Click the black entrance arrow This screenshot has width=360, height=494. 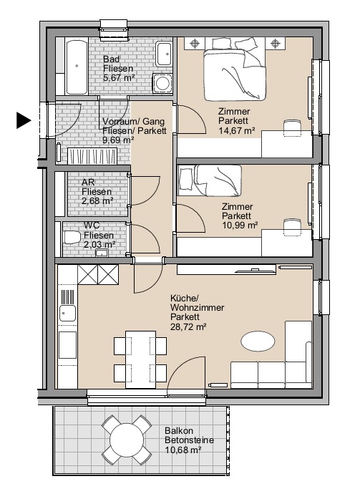[x=24, y=120]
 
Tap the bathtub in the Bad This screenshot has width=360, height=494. [x=77, y=66]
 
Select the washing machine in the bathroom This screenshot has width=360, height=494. [x=162, y=83]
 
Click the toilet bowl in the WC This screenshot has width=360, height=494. [x=72, y=237]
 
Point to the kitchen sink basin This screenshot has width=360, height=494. [x=67, y=314]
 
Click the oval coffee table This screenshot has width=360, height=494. [x=258, y=341]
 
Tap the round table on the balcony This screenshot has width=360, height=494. [x=127, y=440]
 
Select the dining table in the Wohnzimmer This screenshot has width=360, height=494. [x=140, y=359]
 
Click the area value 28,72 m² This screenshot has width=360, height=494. [x=188, y=326]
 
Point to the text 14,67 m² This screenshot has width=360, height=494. [x=237, y=130]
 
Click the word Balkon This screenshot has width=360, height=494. [x=179, y=431]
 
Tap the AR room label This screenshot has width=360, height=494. [x=88, y=182]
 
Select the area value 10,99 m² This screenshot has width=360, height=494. [x=240, y=226]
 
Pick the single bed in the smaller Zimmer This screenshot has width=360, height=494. [x=210, y=180]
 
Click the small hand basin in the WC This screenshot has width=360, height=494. [x=102, y=253]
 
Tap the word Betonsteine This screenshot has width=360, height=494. [x=189, y=440]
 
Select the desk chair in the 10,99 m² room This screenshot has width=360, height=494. [x=292, y=227]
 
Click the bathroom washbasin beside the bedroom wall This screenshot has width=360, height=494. [x=164, y=54]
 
